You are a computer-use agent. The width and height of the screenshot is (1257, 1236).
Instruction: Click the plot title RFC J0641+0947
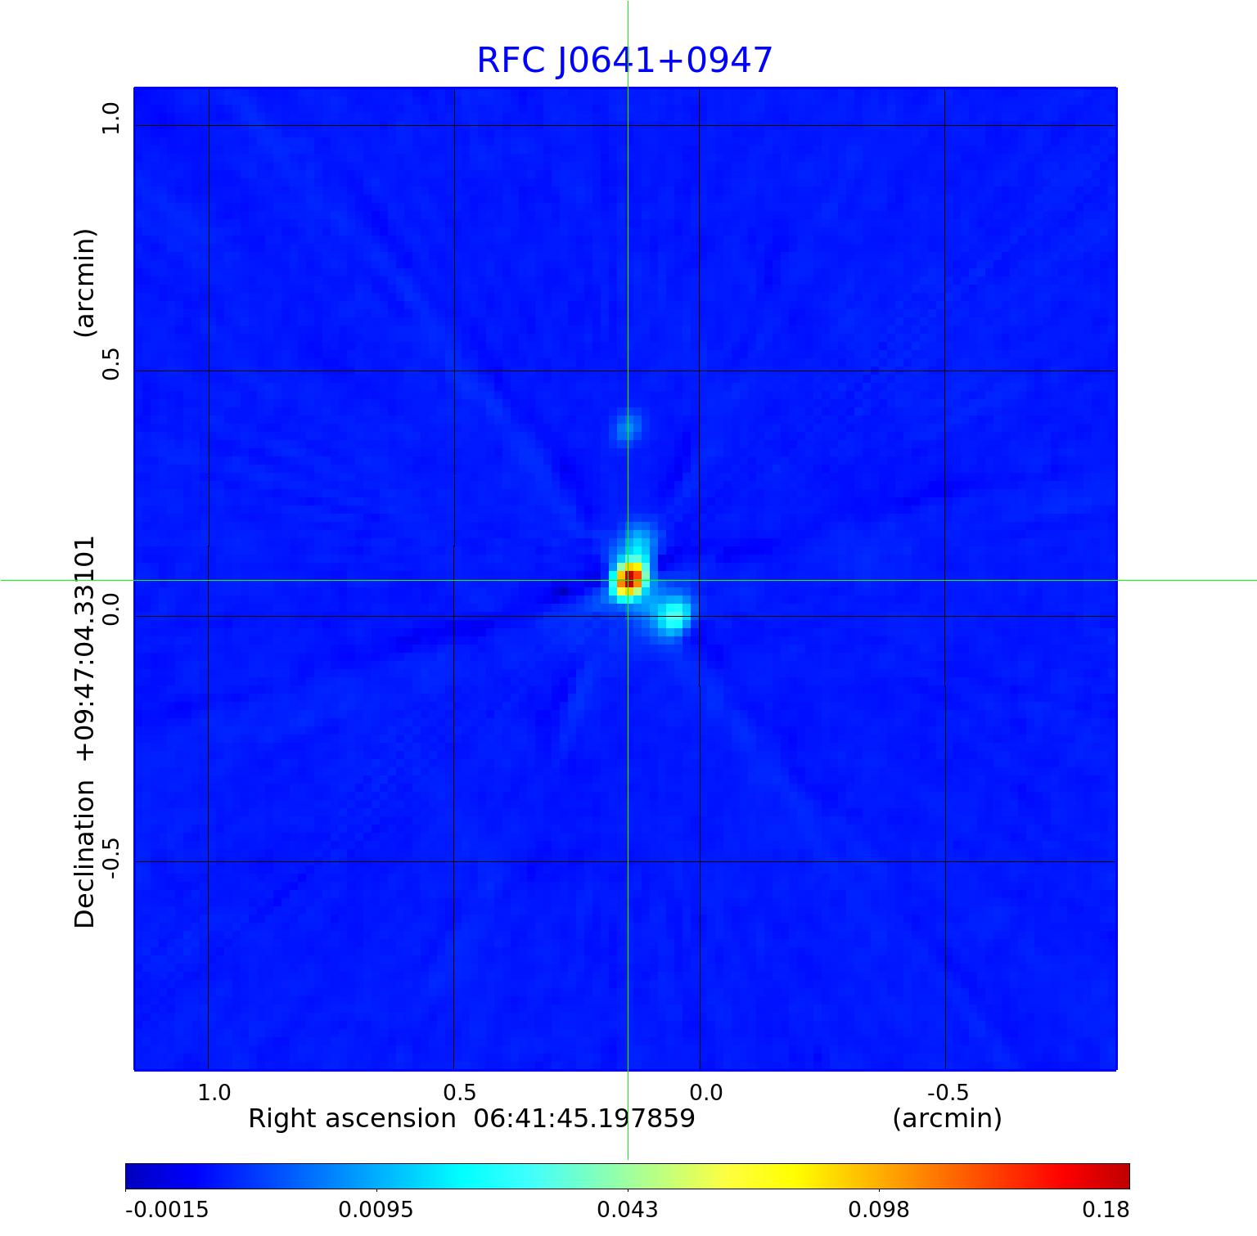pos(624,61)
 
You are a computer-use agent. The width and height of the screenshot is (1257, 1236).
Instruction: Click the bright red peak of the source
pos(629,579)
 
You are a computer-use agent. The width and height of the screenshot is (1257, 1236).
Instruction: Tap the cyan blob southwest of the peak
pos(672,617)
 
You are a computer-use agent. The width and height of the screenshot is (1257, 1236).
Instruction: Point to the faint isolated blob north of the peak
pos(626,426)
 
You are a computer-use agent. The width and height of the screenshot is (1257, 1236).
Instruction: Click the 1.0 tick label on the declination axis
pos(110,119)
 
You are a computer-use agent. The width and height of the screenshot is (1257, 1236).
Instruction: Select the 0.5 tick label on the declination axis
pos(110,363)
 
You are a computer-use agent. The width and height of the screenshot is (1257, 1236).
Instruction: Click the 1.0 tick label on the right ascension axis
pos(214,1092)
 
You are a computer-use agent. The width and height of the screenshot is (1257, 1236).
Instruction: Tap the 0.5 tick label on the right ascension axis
pos(459,1092)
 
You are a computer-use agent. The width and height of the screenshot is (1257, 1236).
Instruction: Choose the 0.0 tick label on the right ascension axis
pos(705,1092)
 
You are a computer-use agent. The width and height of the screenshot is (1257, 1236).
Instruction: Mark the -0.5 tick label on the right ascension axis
pos(948,1092)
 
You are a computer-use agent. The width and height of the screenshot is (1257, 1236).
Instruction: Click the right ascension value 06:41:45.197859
pos(584,1118)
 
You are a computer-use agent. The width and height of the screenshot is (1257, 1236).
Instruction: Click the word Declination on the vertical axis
pos(85,854)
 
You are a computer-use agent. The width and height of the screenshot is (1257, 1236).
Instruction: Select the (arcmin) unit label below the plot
pos(947,1118)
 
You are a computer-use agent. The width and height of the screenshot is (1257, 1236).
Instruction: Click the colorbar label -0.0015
pos(167,1210)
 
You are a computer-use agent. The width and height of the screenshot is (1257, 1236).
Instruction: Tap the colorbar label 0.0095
pos(377,1210)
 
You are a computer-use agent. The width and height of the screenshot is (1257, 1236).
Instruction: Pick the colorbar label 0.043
pos(628,1210)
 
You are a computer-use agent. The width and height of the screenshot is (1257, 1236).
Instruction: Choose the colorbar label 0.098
pos(879,1210)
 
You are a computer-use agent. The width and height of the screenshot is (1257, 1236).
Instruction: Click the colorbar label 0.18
pos(1106,1210)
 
